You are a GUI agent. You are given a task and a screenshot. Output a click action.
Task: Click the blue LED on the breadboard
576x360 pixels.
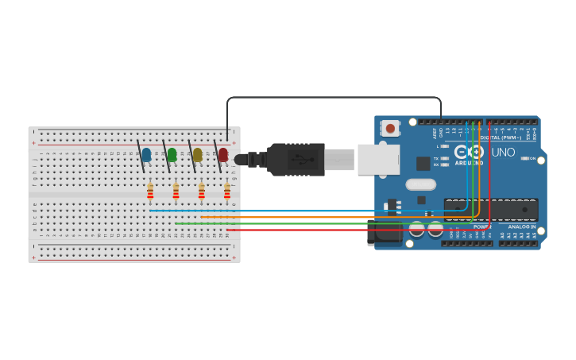pyautogui.click(x=146, y=155)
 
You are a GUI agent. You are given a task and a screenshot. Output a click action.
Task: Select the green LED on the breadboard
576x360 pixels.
pyautogui.click(x=172, y=155)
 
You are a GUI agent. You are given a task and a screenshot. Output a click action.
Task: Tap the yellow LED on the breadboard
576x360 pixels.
pyautogui.click(x=197, y=155)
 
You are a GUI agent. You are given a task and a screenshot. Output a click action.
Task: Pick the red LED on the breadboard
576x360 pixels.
pyautogui.click(x=223, y=155)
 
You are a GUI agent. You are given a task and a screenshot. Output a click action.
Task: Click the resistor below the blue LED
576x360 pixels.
pyautogui.click(x=150, y=192)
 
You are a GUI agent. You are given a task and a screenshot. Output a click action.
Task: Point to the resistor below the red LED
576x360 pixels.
pyautogui.click(x=227, y=192)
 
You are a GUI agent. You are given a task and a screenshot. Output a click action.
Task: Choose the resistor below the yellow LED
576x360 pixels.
pyautogui.click(x=202, y=192)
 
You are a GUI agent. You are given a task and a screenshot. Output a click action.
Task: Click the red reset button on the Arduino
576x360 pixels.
pyautogui.click(x=390, y=127)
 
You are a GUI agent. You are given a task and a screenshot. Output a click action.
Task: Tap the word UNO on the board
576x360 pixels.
pyautogui.click(x=503, y=152)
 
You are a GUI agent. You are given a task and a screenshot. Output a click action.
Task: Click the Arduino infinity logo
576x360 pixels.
pyautogui.click(x=469, y=151)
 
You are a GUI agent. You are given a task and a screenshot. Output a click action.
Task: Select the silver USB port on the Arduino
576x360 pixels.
pyautogui.click(x=378, y=159)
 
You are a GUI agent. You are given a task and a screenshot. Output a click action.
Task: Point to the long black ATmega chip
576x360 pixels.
pyautogui.click(x=491, y=210)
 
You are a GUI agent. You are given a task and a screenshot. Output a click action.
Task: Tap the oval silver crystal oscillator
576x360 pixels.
pyautogui.click(x=420, y=184)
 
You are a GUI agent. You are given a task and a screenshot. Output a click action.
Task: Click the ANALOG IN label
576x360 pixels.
pyautogui.click(x=521, y=226)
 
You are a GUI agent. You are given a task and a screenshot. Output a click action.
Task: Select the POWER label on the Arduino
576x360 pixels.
pyautogui.click(x=482, y=226)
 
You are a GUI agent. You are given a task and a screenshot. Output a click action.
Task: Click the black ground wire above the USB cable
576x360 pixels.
pyautogui.click(x=334, y=98)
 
